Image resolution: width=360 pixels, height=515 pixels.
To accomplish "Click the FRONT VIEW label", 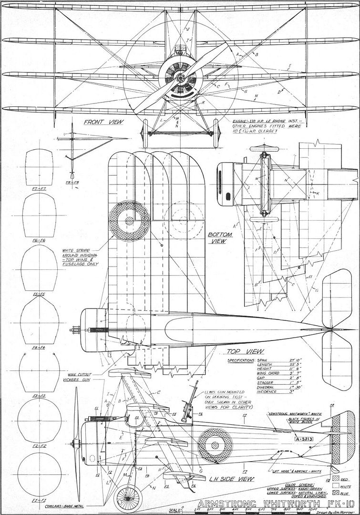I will pyautogui.click(x=103, y=122).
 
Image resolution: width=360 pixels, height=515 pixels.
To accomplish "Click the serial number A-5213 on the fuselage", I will pyautogui.click(x=290, y=438).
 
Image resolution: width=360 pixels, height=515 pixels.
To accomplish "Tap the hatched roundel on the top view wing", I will pyautogui.click(x=129, y=220).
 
